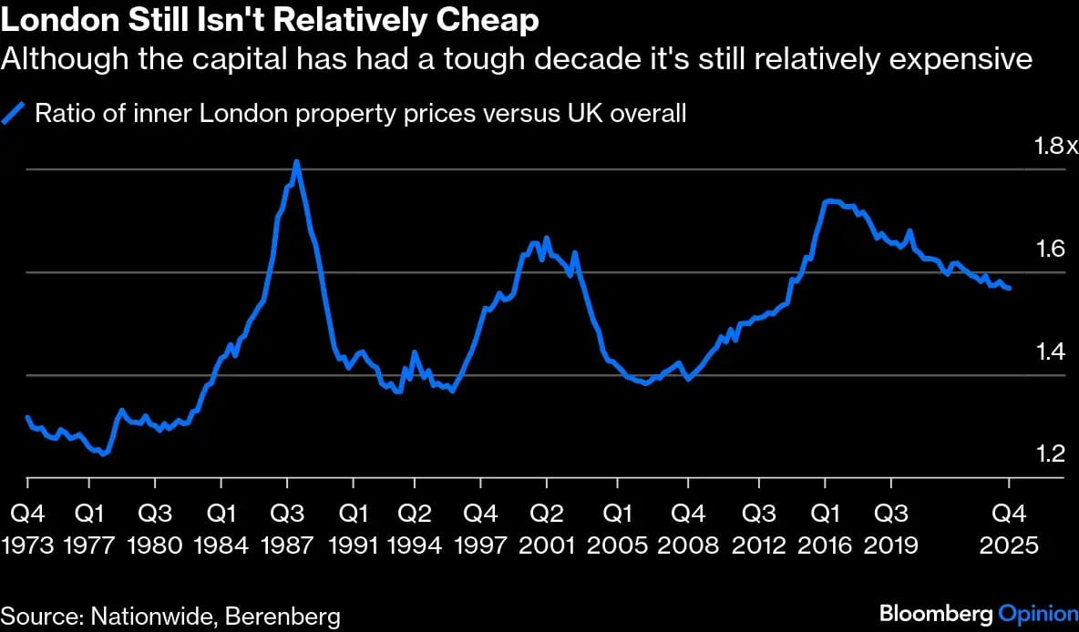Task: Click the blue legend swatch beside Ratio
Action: [15, 114]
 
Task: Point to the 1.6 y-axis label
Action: [1052, 249]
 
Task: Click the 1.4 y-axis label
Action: [1052, 352]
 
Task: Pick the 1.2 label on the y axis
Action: [1052, 454]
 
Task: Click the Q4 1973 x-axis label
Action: [27, 529]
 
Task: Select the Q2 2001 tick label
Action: [546, 529]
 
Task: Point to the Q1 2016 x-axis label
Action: [825, 529]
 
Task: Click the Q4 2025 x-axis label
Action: [1009, 529]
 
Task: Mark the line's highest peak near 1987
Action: [296, 162]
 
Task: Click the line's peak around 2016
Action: [827, 200]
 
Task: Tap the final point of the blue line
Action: [1009, 289]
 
